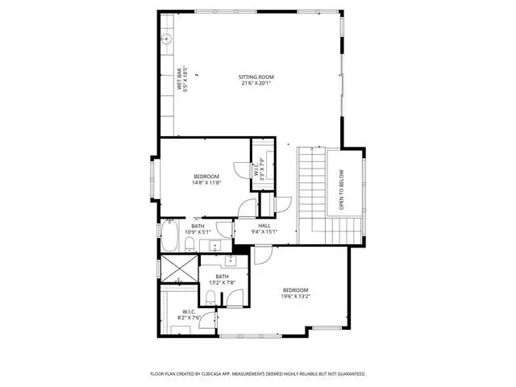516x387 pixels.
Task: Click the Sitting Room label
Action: (x=256, y=77)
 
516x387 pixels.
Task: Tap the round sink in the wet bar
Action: (x=167, y=40)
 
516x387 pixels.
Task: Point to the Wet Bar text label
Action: (x=179, y=79)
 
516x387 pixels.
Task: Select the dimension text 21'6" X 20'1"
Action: (x=256, y=83)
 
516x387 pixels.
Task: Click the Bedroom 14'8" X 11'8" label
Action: (x=206, y=179)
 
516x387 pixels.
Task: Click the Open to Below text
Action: (x=341, y=189)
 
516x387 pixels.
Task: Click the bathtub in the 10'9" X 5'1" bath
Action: (x=170, y=235)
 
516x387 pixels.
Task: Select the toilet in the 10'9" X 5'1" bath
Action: (x=189, y=245)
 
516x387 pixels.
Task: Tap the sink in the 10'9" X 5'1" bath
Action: (x=215, y=245)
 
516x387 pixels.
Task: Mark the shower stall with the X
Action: (x=179, y=268)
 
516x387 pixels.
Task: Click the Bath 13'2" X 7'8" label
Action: (x=223, y=280)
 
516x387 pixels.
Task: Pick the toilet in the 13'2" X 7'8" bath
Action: (x=210, y=298)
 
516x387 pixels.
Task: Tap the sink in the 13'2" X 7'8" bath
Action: (x=231, y=260)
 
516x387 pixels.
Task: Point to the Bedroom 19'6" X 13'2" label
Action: (x=296, y=293)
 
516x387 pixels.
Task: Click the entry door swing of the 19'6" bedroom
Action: (x=264, y=255)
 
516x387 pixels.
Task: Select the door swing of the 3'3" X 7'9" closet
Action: (x=242, y=170)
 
